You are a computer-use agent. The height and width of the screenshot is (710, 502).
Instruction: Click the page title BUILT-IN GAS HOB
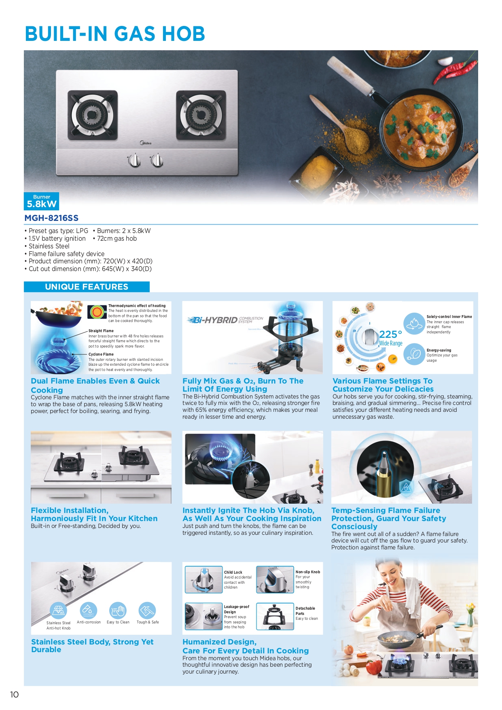pos(115,34)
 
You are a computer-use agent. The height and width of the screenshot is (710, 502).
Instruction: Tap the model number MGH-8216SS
pos(51,218)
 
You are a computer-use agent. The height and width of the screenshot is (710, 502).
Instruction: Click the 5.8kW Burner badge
pos(42,201)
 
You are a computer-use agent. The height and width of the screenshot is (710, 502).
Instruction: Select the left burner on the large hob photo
pos(93,115)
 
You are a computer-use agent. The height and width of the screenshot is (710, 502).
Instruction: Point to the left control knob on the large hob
pos(134,161)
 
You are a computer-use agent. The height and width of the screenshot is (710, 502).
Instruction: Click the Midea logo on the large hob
pos(146,143)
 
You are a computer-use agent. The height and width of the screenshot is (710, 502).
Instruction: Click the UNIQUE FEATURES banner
pos(87,287)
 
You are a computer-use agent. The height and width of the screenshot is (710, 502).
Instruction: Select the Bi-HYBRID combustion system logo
pos(225,320)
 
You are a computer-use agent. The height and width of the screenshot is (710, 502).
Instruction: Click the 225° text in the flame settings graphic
pos(390,335)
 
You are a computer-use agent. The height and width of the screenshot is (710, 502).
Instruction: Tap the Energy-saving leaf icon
pos(414,354)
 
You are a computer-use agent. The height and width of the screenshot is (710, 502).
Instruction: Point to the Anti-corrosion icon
pos(88,610)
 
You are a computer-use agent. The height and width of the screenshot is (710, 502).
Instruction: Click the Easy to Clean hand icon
pos(118,610)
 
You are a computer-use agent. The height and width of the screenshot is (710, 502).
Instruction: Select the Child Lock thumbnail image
pos(203,579)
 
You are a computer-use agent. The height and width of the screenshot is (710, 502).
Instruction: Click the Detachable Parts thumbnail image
pos(275,617)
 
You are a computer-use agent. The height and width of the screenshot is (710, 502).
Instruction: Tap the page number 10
pos(14,695)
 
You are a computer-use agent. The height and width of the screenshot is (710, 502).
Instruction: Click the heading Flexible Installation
pos(70,511)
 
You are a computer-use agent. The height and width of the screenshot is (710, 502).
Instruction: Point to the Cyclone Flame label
pos(101,354)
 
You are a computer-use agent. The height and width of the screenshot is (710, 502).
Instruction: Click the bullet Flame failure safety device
pos(66,254)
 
